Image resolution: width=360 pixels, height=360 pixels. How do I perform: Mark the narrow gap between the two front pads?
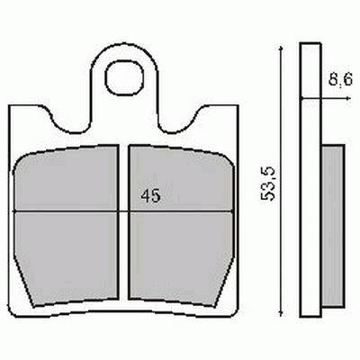[x=124, y=225]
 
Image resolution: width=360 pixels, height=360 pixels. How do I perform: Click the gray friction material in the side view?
[x=329, y=225]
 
